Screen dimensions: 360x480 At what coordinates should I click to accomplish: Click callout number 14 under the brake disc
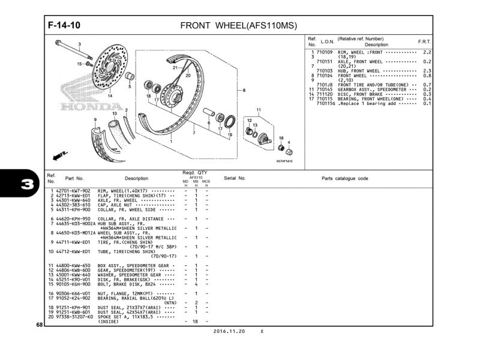click(110, 95)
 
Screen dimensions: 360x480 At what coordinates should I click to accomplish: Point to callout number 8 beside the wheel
click(244, 91)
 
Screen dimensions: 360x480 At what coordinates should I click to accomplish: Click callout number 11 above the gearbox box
click(259, 110)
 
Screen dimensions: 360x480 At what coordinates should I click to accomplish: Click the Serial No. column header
click(235, 178)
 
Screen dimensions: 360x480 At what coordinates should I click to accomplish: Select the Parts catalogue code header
click(344, 178)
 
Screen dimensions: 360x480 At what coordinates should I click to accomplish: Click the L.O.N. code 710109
click(324, 52)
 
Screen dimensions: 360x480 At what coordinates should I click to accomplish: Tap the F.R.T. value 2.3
click(427, 71)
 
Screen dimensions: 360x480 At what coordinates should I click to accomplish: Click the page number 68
click(39, 325)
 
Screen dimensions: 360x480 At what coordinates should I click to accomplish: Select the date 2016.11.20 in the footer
click(228, 331)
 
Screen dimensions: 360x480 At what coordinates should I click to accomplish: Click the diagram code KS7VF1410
click(286, 161)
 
